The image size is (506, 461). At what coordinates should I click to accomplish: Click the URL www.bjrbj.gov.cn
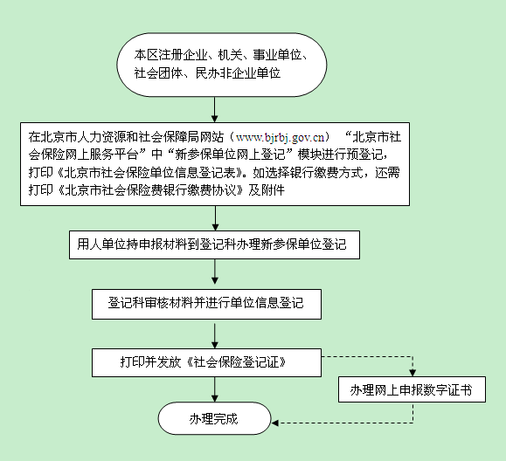click(281, 138)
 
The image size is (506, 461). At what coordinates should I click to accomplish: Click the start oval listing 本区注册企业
click(222, 65)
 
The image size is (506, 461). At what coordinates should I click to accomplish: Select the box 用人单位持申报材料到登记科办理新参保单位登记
click(215, 244)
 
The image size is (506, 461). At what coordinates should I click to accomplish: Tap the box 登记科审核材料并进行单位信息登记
click(206, 304)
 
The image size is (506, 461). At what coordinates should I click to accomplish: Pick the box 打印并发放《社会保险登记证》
click(206, 362)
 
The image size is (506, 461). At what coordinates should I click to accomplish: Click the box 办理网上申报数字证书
click(412, 389)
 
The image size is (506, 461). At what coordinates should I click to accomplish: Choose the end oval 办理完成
click(214, 418)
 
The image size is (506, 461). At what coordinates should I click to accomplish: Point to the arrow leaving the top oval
click(215, 110)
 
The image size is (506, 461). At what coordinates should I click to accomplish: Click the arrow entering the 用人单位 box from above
click(216, 218)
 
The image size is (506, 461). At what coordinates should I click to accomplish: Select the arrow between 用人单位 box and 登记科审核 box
click(215, 272)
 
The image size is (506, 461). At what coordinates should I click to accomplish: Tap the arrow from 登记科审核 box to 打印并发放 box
click(215, 336)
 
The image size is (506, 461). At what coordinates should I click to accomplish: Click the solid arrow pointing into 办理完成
click(215, 389)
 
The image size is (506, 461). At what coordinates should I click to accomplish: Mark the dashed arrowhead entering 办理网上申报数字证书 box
click(412, 373)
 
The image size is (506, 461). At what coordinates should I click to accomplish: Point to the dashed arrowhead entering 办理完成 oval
click(275, 423)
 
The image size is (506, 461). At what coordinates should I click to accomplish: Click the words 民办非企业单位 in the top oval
click(239, 73)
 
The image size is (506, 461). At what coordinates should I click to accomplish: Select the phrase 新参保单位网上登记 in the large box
click(231, 155)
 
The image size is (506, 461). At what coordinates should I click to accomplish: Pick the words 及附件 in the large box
click(267, 190)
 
